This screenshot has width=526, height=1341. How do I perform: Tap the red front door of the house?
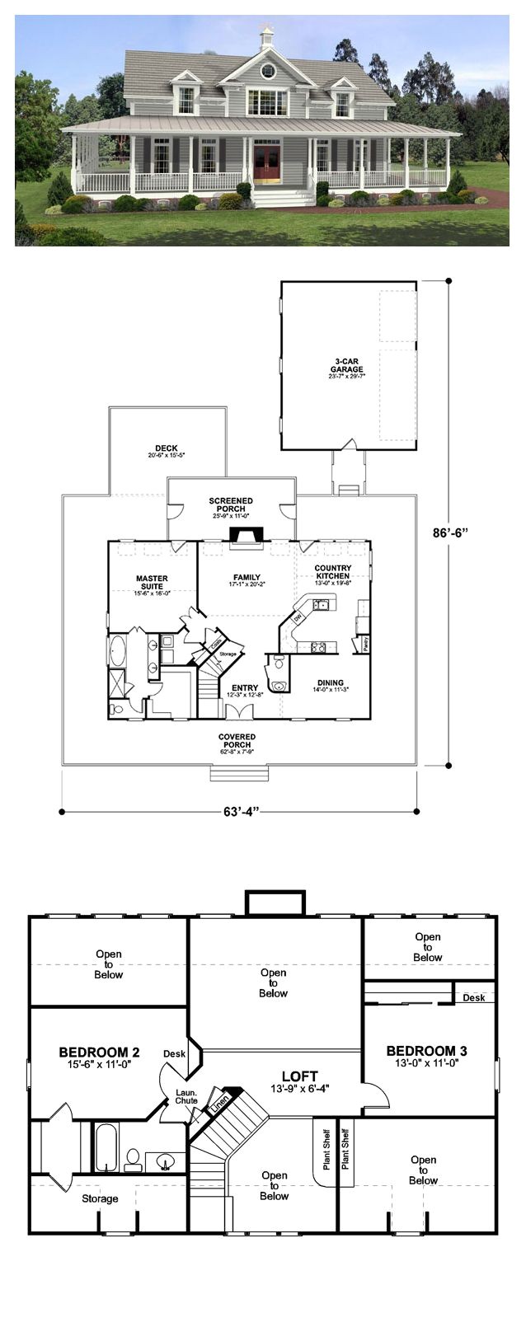click(x=266, y=163)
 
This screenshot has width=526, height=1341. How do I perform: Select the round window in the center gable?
click(x=266, y=71)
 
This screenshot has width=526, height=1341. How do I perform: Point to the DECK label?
click(x=166, y=450)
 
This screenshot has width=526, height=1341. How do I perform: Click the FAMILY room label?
click(x=247, y=579)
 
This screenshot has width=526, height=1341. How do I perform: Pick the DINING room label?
click(x=330, y=683)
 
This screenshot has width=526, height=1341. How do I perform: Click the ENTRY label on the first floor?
click(x=244, y=688)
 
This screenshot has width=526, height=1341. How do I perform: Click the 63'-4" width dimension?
click(x=239, y=812)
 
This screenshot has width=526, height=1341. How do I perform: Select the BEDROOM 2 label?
click(x=99, y=1053)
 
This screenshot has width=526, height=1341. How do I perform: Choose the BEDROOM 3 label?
click(x=426, y=1051)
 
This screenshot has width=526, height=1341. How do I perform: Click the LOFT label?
click(x=299, y=1076)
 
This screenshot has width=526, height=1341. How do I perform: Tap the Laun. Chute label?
click(x=186, y=1096)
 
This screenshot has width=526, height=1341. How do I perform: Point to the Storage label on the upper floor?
click(x=100, y=1198)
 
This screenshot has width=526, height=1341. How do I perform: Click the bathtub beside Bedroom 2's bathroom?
click(x=106, y=1146)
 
